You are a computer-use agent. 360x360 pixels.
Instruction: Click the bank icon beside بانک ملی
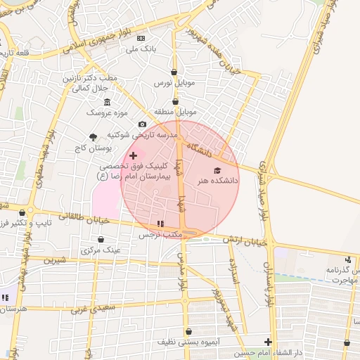tap(141, 38)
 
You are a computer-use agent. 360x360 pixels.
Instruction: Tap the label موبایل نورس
tap(174, 84)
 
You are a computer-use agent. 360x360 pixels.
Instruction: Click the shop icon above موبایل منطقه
tap(174, 101)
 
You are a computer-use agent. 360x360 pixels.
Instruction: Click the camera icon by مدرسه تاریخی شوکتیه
tap(142, 124)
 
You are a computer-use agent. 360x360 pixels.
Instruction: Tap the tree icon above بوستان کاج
tap(92, 138)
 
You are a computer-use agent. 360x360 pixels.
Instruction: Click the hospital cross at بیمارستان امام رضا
tap(134, 154)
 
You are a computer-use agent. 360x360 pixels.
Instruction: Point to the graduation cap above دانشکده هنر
tap(217, 170)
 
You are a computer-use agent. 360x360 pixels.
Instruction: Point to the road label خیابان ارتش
tap(246, 240)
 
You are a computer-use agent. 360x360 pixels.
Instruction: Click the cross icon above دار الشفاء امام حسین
tap(268, 342)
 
